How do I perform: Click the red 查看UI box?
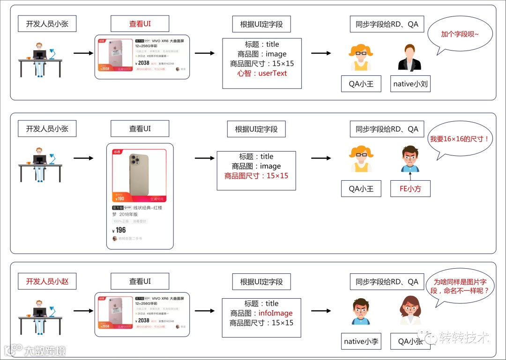pos(140,24)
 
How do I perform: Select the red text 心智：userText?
pos(262,73)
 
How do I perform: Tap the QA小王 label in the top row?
pos(361,84)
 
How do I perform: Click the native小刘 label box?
pos(410,84)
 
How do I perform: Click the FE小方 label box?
pos(410,189)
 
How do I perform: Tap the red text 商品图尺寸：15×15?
pos(256,176)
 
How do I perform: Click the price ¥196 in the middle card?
pos(120,230)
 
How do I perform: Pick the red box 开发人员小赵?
pos(47,281)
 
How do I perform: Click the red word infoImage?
pos(275,313)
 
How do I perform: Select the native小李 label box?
pos(361,342)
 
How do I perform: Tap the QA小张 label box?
pos(410,342)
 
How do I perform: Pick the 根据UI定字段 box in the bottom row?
pos(261,282)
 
